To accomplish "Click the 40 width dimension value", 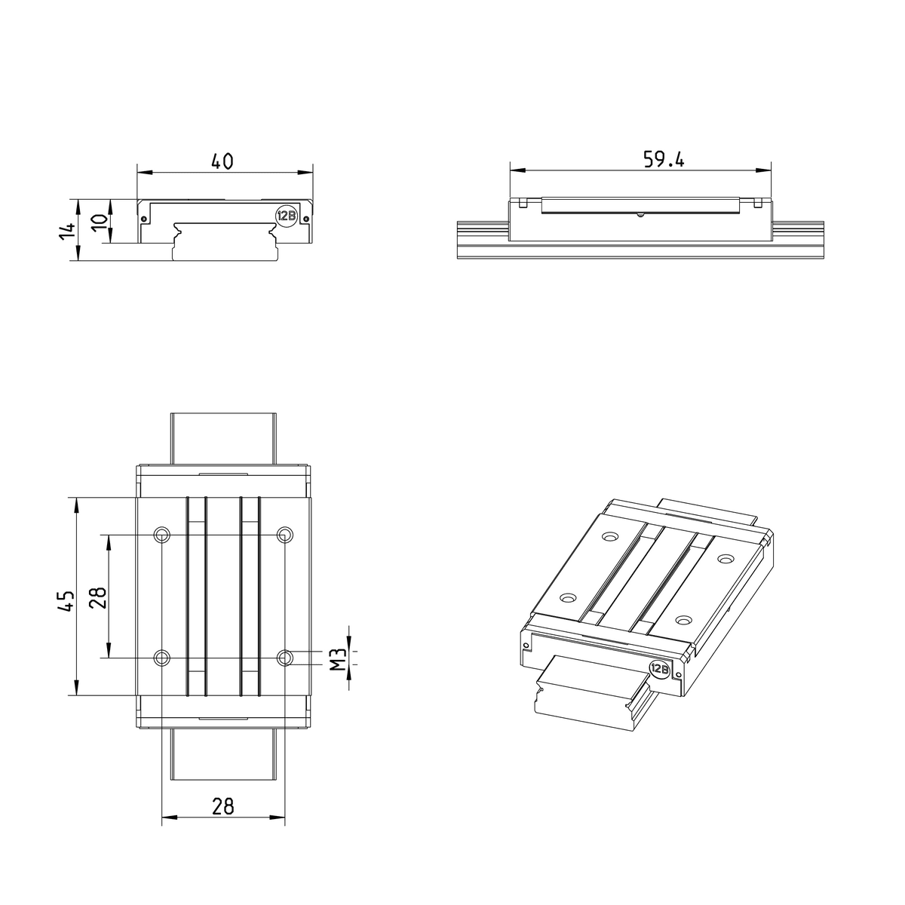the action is (x=222, y=161).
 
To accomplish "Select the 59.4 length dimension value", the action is (x=663, y=160).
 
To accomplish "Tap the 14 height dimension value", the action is (x=67, y=231).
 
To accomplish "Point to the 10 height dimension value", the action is (x=100, y=222).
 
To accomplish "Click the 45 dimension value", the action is (x=66, y=600).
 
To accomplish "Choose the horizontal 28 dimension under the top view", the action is (x=223, y=806).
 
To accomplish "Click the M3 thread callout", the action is (x=338, y=659).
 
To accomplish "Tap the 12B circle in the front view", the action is (x=286, y=216).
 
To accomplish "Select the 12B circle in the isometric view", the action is (x=659, y=670).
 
